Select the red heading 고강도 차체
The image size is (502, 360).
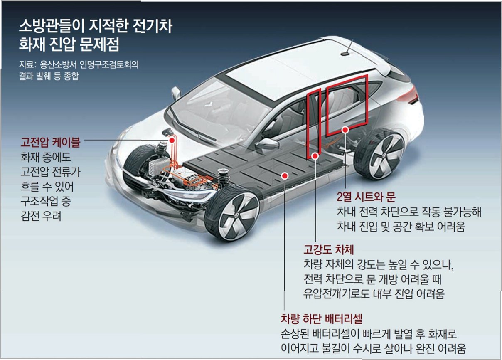coord(328,250)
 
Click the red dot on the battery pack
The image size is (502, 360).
coord(285,176)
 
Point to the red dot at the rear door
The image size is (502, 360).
coord(345,130)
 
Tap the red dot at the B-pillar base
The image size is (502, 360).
coord(315,156)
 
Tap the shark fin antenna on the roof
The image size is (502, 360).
coord(345,52)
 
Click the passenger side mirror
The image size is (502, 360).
coord(266,144)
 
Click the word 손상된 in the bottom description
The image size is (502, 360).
coord(295,334)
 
